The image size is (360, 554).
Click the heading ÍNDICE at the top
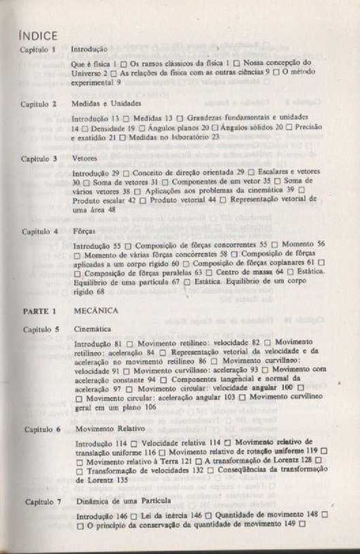click(36, 34)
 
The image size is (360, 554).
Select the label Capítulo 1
click(39, 49)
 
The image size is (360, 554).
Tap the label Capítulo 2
click(39, 104)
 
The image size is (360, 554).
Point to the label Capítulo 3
click(39, 159)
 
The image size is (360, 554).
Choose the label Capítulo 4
click(39, 231)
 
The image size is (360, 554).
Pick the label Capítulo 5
click(39, 328)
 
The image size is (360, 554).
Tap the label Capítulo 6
click(39, 429)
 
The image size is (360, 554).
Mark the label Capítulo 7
click(39, 502)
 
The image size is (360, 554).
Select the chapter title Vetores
click(84, 159)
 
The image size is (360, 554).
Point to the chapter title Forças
click(83, 231)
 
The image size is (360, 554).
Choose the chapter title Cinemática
click(89, 328)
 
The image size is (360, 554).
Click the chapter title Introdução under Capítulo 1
click(90, 49)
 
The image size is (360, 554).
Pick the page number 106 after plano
click(149, 407)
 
